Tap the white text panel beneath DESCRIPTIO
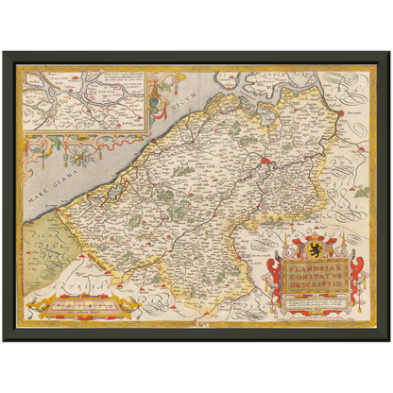[316, 301]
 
